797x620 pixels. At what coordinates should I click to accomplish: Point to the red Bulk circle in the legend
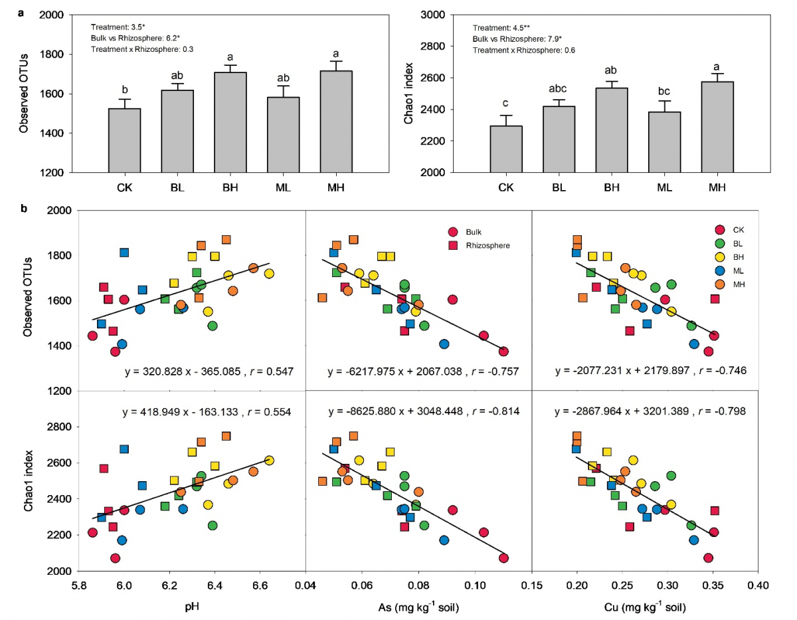tap(454, 231)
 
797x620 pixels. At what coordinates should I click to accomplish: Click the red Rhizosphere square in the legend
tap(454, 245)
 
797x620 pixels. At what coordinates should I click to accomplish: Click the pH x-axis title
tap(191, 607)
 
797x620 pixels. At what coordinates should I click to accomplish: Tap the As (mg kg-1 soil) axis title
tap(418, 607)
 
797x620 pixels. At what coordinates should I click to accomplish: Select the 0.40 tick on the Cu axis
tap(758, 587)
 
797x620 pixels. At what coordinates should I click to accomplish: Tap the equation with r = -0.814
tap(418, 412)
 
